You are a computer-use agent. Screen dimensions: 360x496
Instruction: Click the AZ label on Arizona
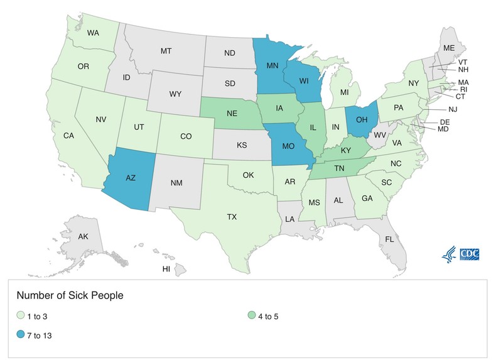131,178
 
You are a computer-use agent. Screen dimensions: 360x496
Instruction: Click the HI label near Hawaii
166,269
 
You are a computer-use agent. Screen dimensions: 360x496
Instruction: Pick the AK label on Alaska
83,237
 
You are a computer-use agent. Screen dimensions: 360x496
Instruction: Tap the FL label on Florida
389,239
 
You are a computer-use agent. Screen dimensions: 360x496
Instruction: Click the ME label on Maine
449,48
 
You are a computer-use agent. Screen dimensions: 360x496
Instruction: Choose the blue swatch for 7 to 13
21,335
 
